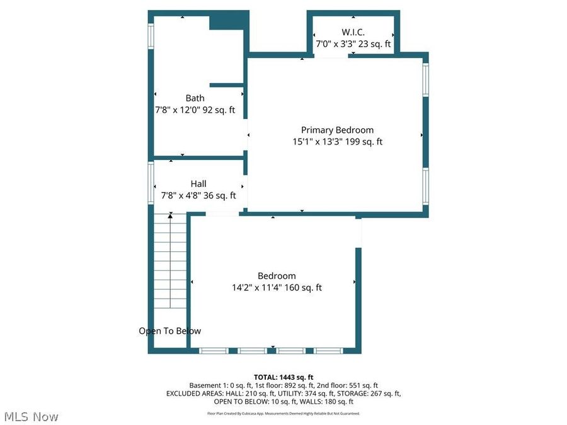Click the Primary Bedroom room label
337,130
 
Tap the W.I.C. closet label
353,31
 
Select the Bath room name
195,98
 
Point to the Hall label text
198,184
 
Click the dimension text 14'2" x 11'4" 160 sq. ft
277,288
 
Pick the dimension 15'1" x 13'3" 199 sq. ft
337,142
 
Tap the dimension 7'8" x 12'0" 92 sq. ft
195,110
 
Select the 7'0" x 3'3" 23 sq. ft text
353,44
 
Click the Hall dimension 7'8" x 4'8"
198,196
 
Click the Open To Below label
170,331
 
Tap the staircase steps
171,264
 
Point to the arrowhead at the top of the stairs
170,216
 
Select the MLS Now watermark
31,417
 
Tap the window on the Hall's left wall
151,183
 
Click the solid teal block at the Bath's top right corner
228,21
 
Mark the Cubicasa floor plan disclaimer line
283,414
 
